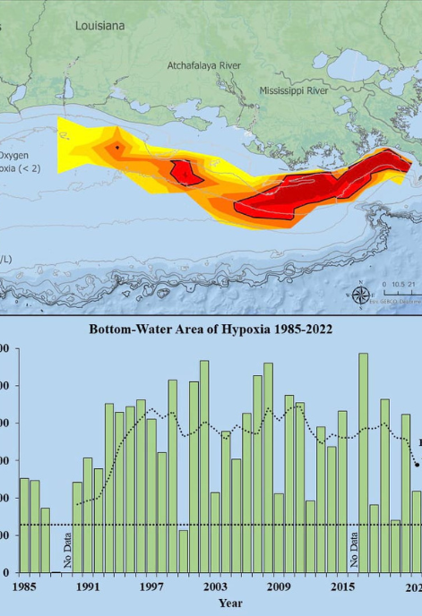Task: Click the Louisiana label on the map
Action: pyautogui.click(x=100, y=27)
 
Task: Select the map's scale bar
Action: pyautogui.click(x=399, y=292)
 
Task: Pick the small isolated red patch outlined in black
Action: pyautogui.click(x=186, y=172)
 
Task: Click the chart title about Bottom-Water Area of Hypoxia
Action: pyautogui.click(x=211, y=329)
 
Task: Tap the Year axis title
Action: pyautogui.click(x=229, y=603)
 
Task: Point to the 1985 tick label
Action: pyautogui.click(x=23, y=587)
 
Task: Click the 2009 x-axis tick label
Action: pyautogui.click(x=279, y=587)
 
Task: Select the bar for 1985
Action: pyautogui.click(x=24, y=525)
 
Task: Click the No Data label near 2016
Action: pyautogui.click(x=353, y=549)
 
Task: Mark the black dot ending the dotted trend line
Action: pyautogui.click(x=418, y=465)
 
